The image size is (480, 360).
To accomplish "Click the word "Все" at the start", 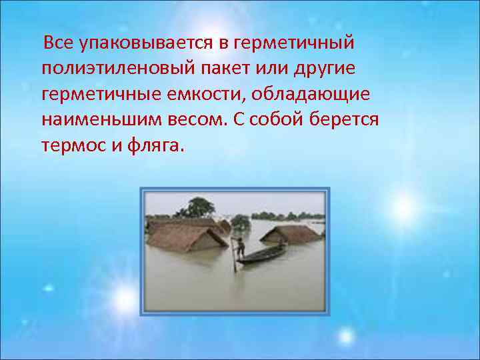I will point(58,43).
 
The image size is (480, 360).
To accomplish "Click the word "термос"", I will point(71,145).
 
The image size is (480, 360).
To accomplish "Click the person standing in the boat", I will point(240,247).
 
